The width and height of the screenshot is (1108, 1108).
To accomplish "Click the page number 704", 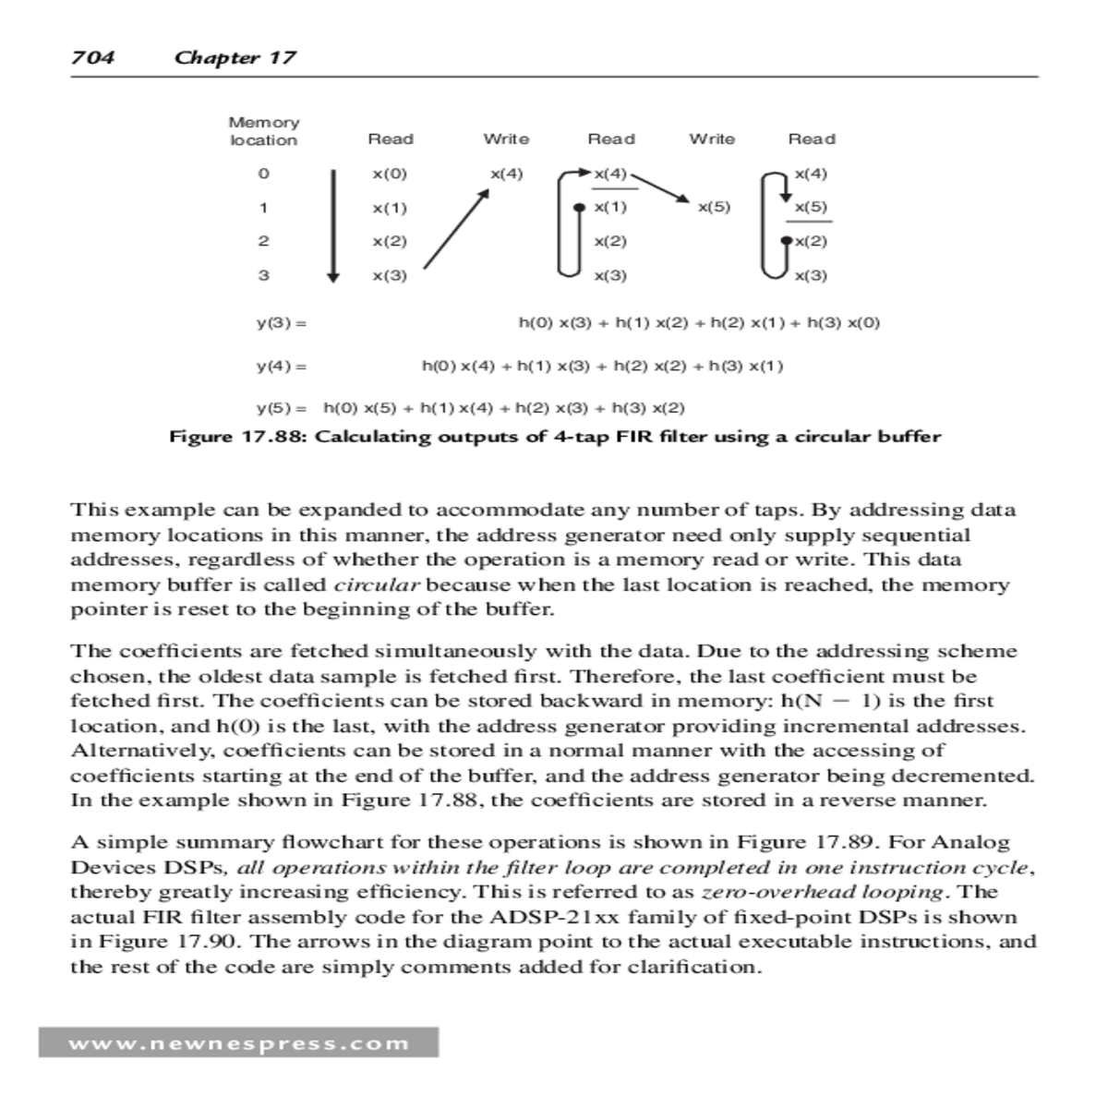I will coord(93,57).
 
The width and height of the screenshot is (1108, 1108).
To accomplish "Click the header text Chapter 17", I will coord(235,57).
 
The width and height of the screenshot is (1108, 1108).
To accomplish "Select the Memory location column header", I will coord(264,131).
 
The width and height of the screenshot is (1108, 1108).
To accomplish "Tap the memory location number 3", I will coord(263,275).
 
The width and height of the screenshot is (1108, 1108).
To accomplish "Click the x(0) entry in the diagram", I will coord(390,174).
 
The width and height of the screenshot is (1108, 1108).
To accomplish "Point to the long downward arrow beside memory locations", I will coord(333,224).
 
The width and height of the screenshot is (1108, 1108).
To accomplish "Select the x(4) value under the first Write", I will coord(506,174).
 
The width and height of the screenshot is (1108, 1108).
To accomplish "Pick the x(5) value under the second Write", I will coord(714,207).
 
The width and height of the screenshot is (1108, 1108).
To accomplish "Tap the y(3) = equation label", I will coord(282,323).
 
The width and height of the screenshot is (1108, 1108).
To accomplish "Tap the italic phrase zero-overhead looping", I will coord(823,892).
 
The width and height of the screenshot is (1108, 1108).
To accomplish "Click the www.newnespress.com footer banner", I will coord(238,1043).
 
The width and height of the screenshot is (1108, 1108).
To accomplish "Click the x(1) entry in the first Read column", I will coord(390,208).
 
